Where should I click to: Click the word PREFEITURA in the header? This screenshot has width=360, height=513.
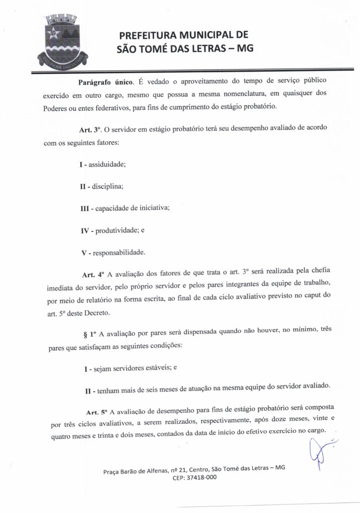pos(149,35)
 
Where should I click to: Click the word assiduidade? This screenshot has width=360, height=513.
pos(110,164)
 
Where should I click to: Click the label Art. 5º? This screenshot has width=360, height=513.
pos(97,412)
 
